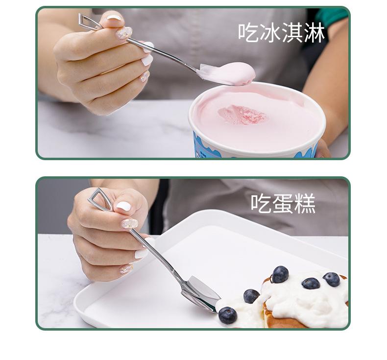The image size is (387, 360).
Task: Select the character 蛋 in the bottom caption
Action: pyautogui.click(x=283, y=203)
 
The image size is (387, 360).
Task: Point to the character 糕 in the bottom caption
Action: pyautogui.click(x=306, y=203)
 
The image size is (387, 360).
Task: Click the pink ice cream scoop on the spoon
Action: pyautogui.click(x=231, y=73)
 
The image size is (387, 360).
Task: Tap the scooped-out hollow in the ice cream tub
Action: pyautogui.click(x=242, y=115)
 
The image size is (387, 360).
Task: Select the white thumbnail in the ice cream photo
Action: pyautogui.click(x=114, y=19)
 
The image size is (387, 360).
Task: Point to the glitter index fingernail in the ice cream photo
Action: pyautogui.click(x=123, y=33)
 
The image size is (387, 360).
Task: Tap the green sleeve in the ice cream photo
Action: pyautogui.click(x=332, y=16)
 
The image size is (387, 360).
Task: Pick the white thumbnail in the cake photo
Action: pyautogui.click(x=123, y=206)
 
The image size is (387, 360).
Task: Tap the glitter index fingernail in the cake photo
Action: pyautogui.click(x=130, y=224)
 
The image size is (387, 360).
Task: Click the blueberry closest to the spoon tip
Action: pyautogui.click(x=227, y=315)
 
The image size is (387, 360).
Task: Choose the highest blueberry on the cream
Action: pyautogui.click(x=280, y=274)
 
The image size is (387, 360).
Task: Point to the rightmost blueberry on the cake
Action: pyautogui.click(x=332, y=279)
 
